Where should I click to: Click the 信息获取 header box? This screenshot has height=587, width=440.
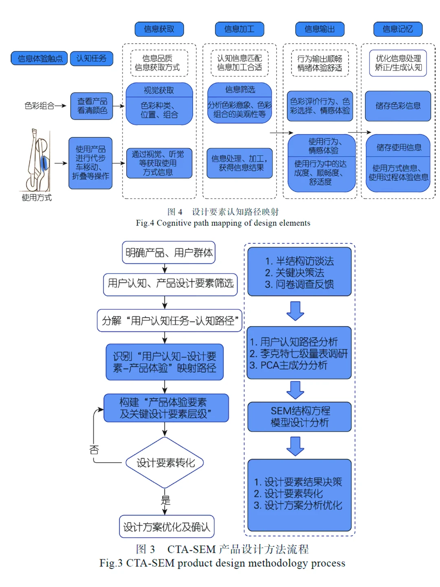pos(159,29)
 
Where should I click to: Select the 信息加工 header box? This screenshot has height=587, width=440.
pos(240,29)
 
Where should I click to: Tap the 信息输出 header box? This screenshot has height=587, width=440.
pos(320,29)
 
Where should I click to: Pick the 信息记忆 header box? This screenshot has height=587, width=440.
pos(398,29)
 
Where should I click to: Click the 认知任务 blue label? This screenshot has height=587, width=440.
pos(91,58)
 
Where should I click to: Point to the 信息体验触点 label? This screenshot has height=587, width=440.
pos(40,58)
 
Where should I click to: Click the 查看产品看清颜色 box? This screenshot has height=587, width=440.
pos(92,106)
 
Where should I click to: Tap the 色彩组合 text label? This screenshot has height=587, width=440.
pos(40,106)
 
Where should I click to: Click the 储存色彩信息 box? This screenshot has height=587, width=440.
pos(398,106)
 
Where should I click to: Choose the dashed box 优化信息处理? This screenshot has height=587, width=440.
pos(398,63)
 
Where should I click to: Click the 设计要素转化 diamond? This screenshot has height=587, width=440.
pos(165,463)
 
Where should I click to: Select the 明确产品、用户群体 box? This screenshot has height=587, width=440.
pos(169,253)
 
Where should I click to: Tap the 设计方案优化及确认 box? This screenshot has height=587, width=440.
pos(167,527)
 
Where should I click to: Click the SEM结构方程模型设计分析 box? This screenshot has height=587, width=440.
pos(299,417)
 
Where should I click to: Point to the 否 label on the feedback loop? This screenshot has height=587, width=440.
pos(94,450)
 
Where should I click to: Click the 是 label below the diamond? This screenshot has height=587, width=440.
pos(165,500)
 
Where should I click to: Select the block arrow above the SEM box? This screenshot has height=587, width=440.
pos(295,390)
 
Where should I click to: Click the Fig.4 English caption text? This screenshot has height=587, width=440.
pos(223,223)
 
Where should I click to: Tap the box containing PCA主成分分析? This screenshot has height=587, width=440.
pos(299,353)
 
